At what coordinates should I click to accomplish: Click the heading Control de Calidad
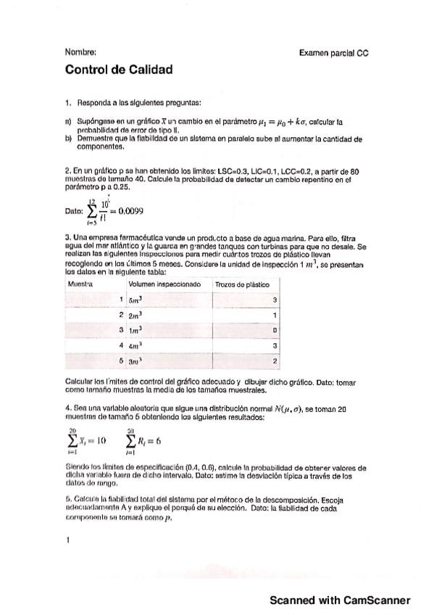point(119,70)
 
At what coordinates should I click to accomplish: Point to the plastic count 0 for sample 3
point(275,330)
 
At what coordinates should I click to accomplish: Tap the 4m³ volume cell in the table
point(135,345)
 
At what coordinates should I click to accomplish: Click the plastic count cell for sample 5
point(275,360)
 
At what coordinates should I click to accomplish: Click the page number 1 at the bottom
point(67,540)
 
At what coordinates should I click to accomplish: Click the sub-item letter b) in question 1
point(68,137)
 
